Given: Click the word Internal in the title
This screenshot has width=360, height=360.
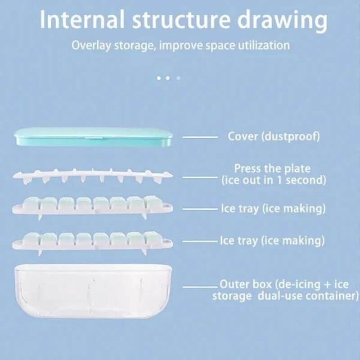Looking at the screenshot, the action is tap(82, 19).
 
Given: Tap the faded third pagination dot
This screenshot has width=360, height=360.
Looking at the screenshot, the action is tap(178, 78).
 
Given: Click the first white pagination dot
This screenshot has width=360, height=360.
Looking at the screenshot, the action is tap(159, 78).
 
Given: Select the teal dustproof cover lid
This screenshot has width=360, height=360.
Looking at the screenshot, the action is tap(93, 137).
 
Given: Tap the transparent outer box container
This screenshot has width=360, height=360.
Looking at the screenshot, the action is tap(93, 291).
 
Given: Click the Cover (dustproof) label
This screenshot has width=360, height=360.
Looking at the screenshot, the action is tap(274, 136).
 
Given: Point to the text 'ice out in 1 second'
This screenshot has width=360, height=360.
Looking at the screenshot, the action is tap(274, 180).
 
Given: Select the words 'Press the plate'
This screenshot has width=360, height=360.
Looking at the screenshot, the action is tap(272, 168).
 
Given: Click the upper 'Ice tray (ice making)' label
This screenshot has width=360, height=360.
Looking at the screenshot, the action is tap(273, 209).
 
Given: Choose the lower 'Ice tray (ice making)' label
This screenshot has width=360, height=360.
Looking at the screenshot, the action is tap(272, 241).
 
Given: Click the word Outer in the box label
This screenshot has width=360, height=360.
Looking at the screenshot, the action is tap(234, 284).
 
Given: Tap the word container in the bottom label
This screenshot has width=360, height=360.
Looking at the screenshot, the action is tap(332, 296).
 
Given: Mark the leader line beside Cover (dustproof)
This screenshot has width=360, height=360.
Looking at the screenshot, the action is tap(200, 137).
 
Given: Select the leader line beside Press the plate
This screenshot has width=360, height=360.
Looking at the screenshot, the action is tap(200, 177).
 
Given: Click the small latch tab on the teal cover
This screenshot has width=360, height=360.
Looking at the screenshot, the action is tap(94, 138).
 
